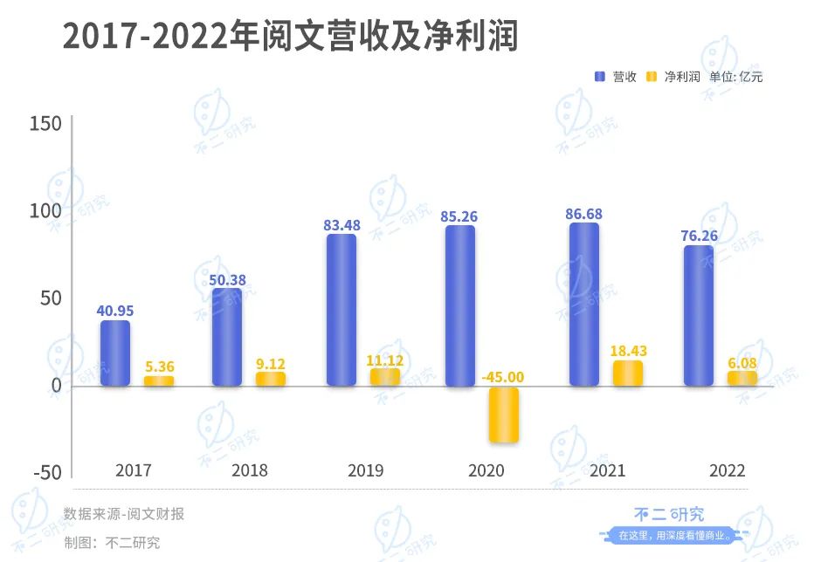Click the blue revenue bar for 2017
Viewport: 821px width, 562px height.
coord(114,353)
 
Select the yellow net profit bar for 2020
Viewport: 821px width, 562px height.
coord(504,414)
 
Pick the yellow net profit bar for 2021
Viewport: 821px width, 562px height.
coord(627,373)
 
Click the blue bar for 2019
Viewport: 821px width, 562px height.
coord(342,310)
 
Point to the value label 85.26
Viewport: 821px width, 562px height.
coord(461,216)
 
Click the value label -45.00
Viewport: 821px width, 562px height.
coord(504,377)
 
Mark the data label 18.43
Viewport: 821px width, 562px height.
coord(627,351)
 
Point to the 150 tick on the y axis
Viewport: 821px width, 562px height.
coord(45,124)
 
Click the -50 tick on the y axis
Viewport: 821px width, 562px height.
coord(45,472)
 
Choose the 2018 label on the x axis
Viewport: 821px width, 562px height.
coord(249,470)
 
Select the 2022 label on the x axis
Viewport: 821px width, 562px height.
coord(727,470)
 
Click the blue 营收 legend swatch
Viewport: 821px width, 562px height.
coord(600,77)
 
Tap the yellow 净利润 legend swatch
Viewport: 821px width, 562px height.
coord(652,77)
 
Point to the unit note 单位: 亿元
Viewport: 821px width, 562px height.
coord(736,77)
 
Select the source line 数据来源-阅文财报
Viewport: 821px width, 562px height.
coord(123,514)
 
